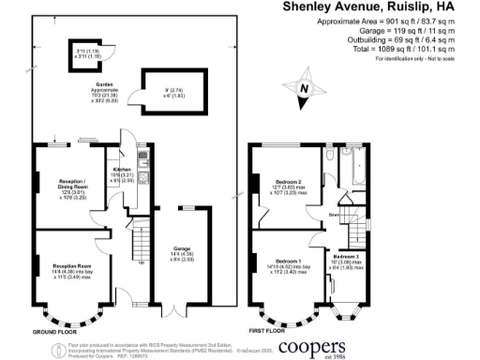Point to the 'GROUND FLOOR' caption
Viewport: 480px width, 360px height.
coord(56,331)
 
